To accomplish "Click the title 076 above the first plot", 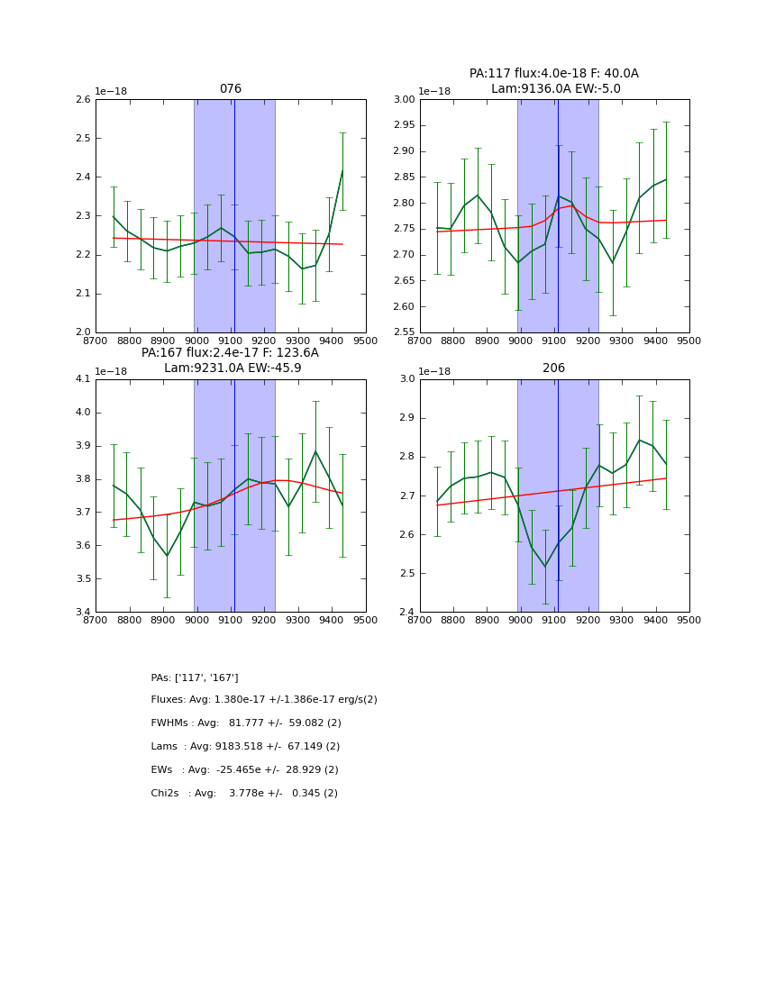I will coord(231,89).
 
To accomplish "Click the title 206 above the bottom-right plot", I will coord(553,368).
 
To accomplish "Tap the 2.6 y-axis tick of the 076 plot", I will coord(82,100).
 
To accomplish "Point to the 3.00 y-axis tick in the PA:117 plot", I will coord(404,100).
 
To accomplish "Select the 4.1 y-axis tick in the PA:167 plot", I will coord(82,379).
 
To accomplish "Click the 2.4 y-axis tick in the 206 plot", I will coord(406,613).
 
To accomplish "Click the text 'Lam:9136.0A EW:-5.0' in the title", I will coord(555,88).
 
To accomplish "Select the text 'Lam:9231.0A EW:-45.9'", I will coord(233,368).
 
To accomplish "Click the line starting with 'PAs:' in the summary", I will coord(195,677).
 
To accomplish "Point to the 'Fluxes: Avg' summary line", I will coord(264,700).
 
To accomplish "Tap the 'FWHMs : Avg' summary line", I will coord(246,723).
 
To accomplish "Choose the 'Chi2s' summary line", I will coord(244,794).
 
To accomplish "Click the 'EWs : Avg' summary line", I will coord(244,770).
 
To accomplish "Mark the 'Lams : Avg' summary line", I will coord(245,747).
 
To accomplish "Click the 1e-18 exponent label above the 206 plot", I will coord(434,371).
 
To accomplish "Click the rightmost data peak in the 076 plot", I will coord(342,170).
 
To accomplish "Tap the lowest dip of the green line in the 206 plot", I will coord(544,567).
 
